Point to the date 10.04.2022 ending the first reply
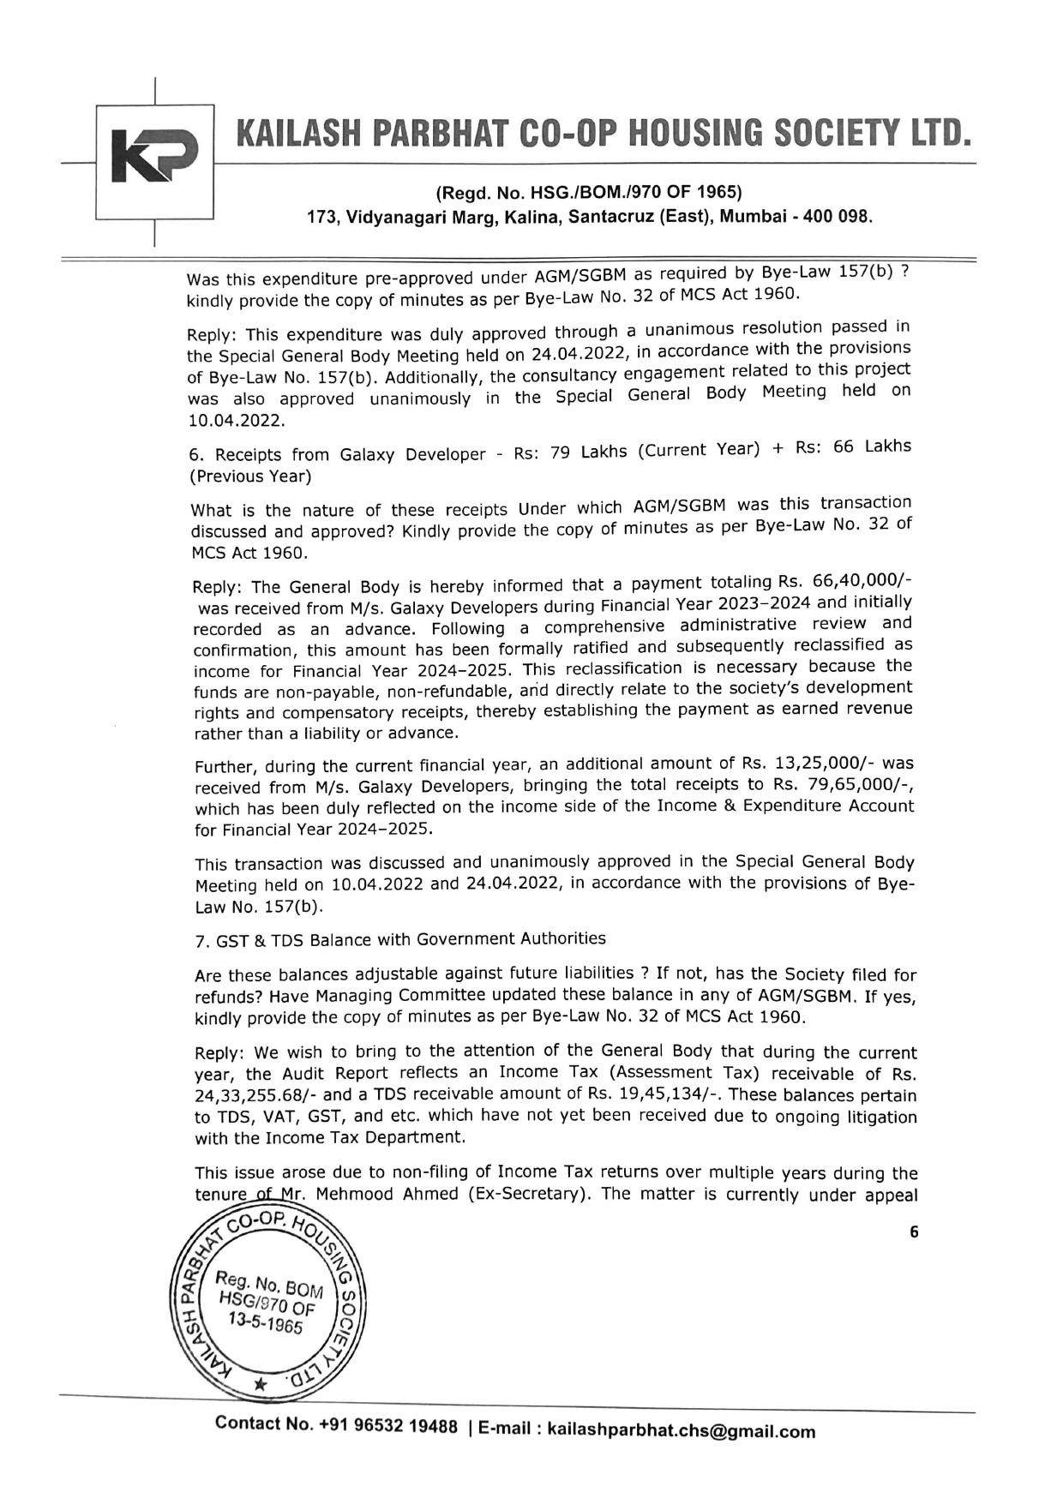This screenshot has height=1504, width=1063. [237, 422]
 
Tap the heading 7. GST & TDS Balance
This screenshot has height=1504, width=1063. [400, 940]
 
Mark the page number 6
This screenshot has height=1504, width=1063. [914, 1232]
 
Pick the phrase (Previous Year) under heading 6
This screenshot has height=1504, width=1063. [250, 476]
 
